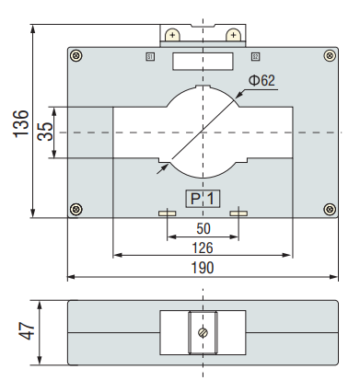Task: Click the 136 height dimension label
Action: tap(21, 123)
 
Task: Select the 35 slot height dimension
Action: tap(45, 132)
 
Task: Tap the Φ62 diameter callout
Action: tap(261, 80)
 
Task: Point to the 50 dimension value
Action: tap(203, 228)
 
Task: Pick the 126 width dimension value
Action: tap(203, 248)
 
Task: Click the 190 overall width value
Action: tap(203, 268)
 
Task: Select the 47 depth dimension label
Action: tap(27, 331)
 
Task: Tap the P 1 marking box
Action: tap(203, 199)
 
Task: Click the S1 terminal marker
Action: tap(150, 57)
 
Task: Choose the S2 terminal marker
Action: tap(255, 57)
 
